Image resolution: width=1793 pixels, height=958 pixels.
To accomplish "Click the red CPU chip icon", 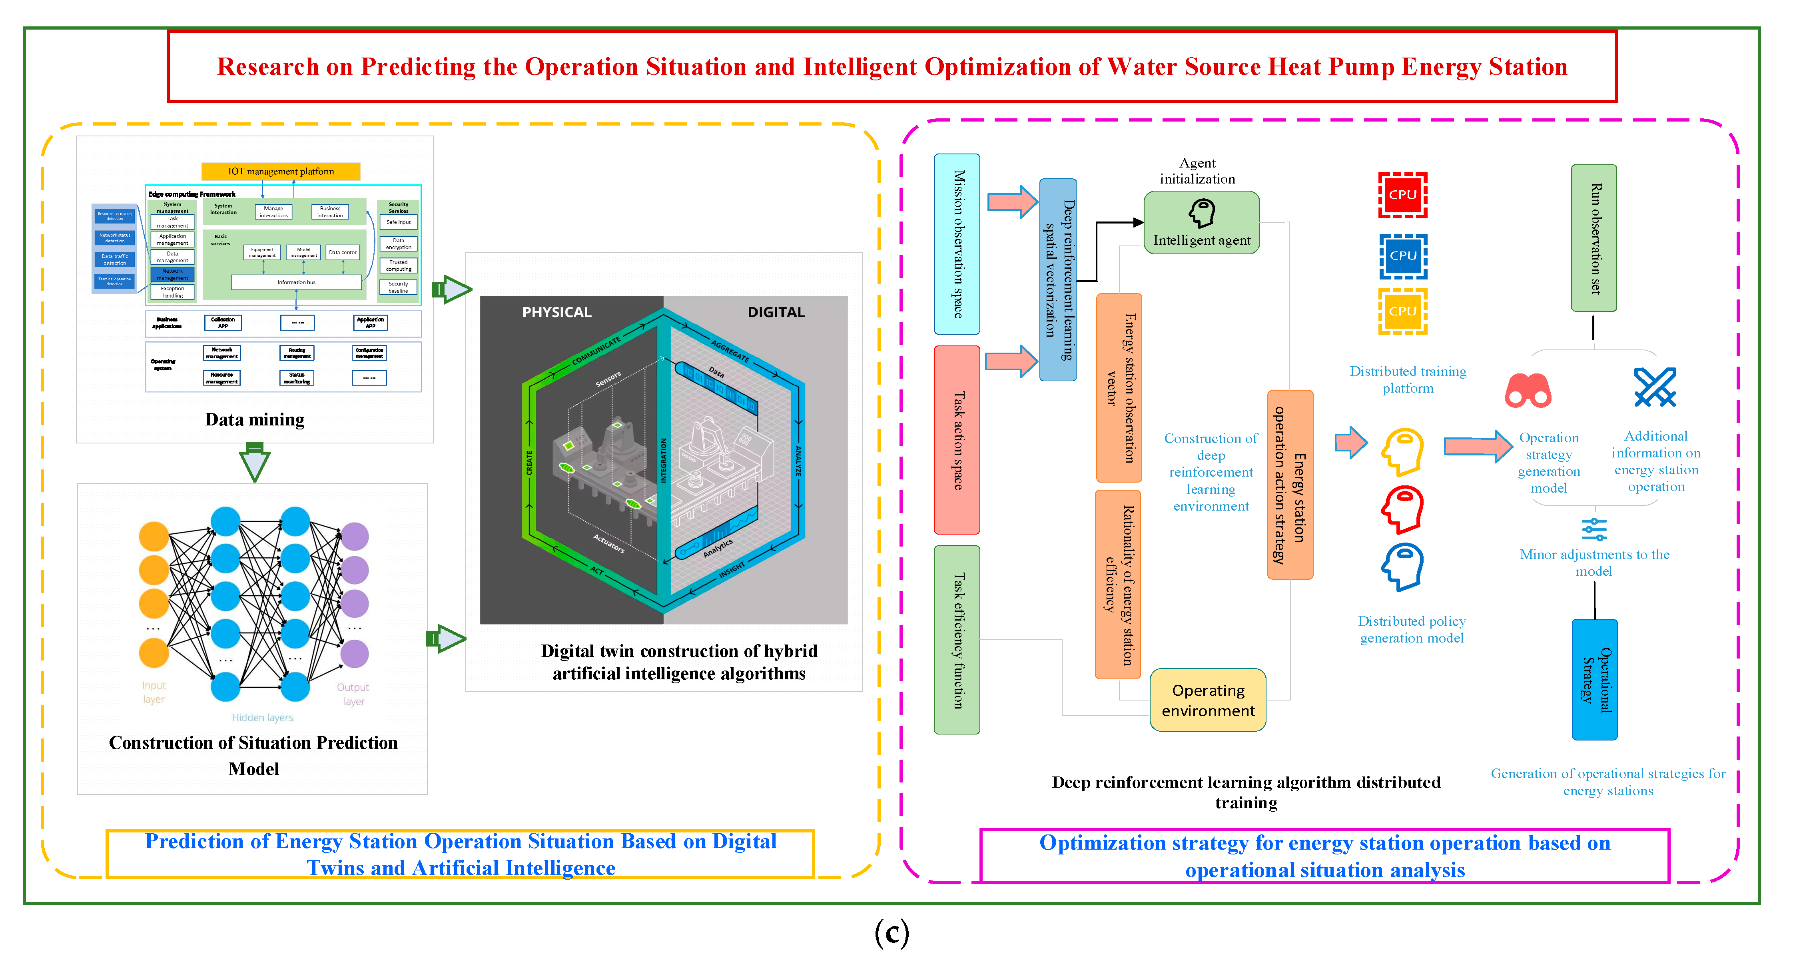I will (x=1402, y=195).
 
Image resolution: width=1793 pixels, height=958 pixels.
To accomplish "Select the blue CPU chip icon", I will (x=1402, y=255).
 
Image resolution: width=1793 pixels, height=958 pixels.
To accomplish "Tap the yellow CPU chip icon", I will (x=1402, y=311).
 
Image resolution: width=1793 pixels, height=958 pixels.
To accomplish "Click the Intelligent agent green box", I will (x=1201, y=223).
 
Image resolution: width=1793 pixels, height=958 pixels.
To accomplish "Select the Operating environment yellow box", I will (x=1208, y=700).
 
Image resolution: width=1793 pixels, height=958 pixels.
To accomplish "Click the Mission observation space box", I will (x=957, y=243).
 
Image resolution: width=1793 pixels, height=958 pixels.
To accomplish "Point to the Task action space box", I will (x=957, y=440).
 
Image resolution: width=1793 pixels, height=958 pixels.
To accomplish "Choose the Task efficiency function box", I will (x=957, y=639).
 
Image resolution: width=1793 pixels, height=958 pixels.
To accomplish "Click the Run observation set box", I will (x=1594, y=238).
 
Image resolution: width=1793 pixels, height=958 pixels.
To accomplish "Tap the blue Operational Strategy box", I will (x=1595, y=679).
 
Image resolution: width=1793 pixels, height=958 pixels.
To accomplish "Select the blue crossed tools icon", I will (x=1655, y=387).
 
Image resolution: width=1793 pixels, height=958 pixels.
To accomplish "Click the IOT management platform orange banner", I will (x=281, y=171).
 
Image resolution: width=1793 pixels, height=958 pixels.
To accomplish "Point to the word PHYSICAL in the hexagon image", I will (x=557, y=312).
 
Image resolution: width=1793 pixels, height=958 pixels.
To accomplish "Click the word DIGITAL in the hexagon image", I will (x=776, y=312).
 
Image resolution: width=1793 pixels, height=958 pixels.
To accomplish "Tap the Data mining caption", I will (x=255, y=419).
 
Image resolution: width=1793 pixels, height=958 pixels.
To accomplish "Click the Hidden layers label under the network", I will (x=262, y=717).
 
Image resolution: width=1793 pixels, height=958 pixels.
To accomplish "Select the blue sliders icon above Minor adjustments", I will (x=1594, y=529).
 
